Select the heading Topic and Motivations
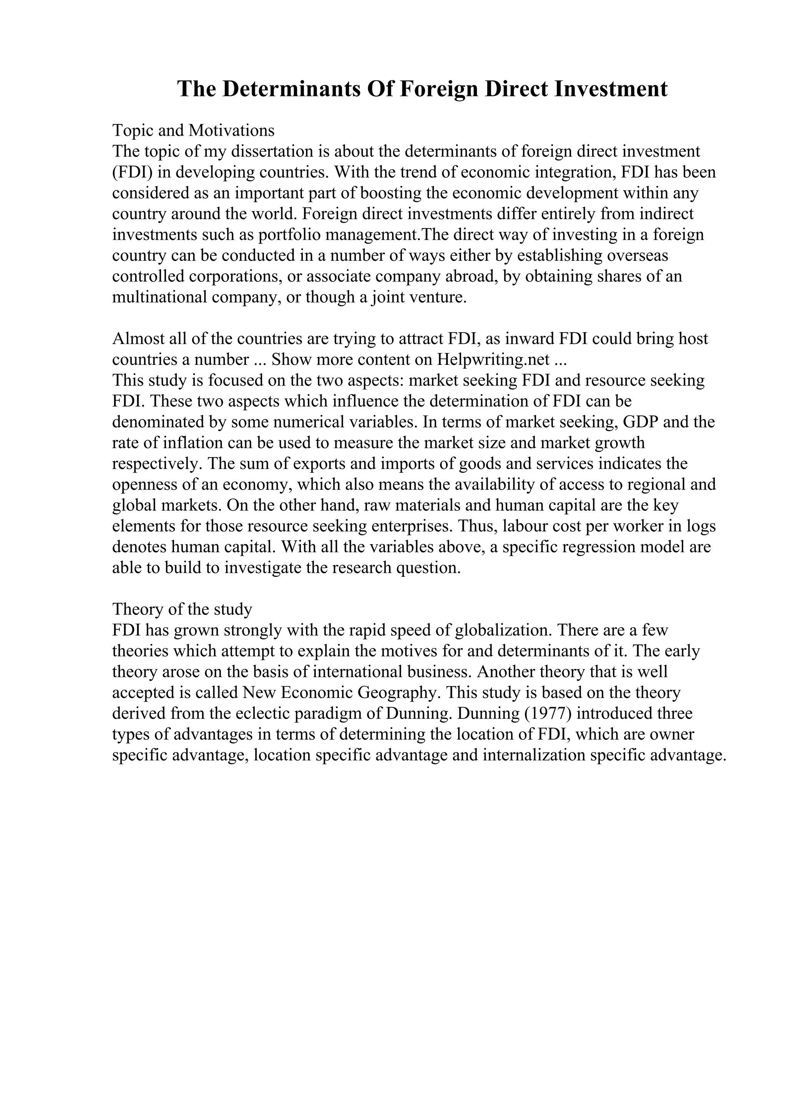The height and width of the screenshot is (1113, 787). (x=193, y=131)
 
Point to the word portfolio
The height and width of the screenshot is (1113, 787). (x=289, y=235)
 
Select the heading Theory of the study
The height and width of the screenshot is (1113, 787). (x=182, y=609)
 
